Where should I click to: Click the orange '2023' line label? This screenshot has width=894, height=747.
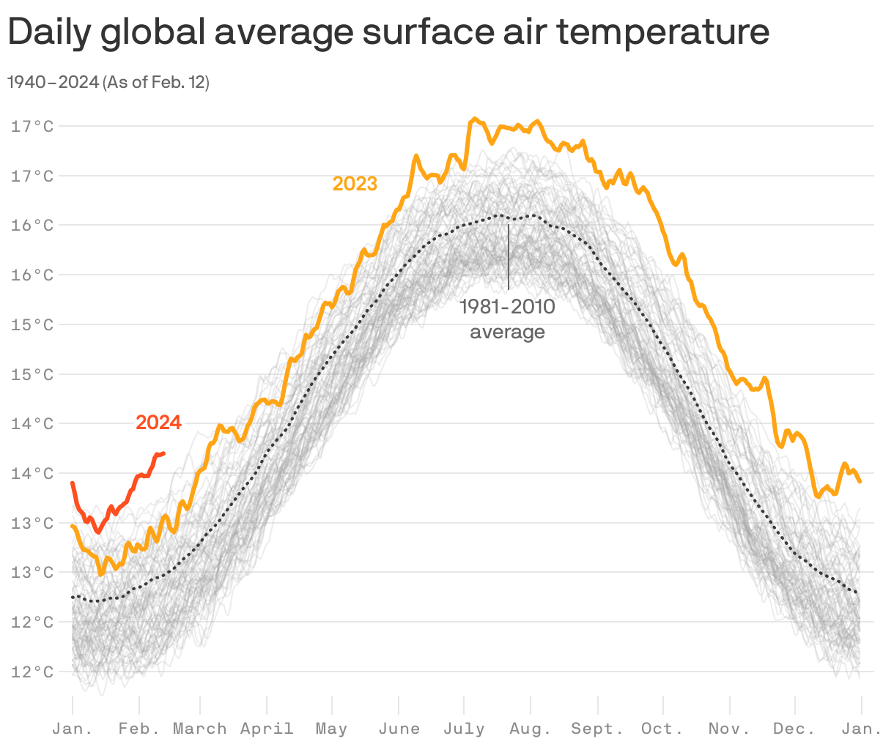click(355, 184)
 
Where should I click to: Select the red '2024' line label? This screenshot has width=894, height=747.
click(158, 423)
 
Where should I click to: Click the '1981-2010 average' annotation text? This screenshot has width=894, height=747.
click(507, 319)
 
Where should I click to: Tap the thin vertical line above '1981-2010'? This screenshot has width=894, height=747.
click(509, 256)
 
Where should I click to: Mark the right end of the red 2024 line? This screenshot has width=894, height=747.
click(163, 453)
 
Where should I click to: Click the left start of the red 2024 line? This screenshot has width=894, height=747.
click(73, 483)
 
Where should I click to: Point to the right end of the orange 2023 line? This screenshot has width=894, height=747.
click(860, 481)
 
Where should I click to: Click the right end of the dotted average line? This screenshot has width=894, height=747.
click(857, 592)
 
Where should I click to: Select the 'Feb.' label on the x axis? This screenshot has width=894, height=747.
click(139, 729)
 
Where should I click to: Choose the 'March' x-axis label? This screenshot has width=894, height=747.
click(199, 729)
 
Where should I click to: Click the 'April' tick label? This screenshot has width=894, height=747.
click(267, 729)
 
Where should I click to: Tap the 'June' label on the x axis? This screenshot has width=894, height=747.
click(399, 729)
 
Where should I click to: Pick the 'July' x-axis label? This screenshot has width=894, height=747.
click(464, 729)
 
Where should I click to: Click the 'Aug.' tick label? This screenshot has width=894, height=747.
click(531, 729)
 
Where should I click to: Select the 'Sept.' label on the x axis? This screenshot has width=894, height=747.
click(597, 729)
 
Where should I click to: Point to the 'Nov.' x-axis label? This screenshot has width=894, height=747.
click(729, 729)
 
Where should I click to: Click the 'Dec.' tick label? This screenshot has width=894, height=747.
click(794, 729)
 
